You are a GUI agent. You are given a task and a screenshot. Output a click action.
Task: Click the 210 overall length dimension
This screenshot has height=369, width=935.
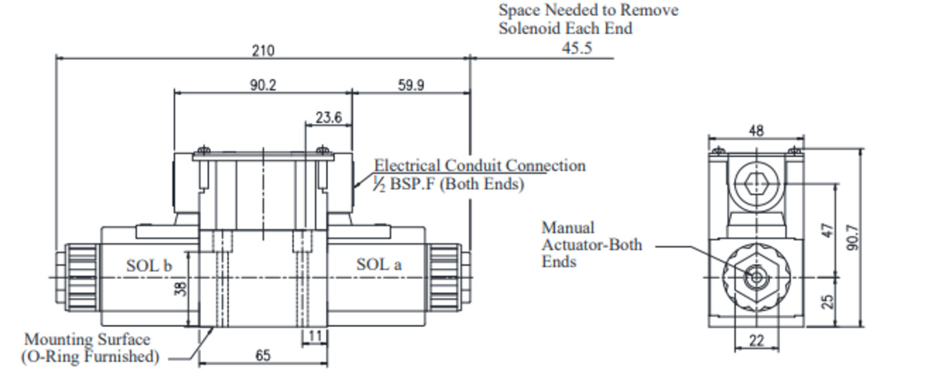(x=263, y=50)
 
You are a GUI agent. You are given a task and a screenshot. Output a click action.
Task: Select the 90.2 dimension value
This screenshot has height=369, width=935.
(x=262, y=85)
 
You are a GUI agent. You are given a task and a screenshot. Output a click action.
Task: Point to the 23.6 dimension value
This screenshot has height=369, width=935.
(x=329, y=118)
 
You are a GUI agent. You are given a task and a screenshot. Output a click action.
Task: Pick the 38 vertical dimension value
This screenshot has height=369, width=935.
(x=180, y=288)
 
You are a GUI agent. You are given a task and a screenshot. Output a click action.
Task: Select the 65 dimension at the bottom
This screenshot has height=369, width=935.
(x=263, y=355)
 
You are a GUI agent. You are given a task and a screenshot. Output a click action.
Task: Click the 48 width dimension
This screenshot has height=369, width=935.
(x=756, y=130)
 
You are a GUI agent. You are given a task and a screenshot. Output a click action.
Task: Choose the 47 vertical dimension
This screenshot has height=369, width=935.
(x=827, y=231)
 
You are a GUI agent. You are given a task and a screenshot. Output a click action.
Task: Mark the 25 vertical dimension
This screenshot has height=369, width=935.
(x=827, y=301)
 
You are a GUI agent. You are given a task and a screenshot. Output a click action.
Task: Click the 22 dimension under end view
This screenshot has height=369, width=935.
(x=756, y=340)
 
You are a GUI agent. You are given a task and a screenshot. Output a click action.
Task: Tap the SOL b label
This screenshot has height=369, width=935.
(x=149, y=265)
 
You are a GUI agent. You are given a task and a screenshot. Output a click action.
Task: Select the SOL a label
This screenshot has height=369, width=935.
(x=379, y=264)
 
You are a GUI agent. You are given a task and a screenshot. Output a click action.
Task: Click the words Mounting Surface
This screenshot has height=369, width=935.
(x=87, y=340)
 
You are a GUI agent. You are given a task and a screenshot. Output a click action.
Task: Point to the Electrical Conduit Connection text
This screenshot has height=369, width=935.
(x=480, y=165)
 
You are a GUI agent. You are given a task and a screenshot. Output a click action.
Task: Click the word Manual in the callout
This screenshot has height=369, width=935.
(x=568, y=228)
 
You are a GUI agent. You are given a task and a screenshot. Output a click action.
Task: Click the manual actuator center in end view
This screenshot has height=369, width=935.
(x=756, y=277)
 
